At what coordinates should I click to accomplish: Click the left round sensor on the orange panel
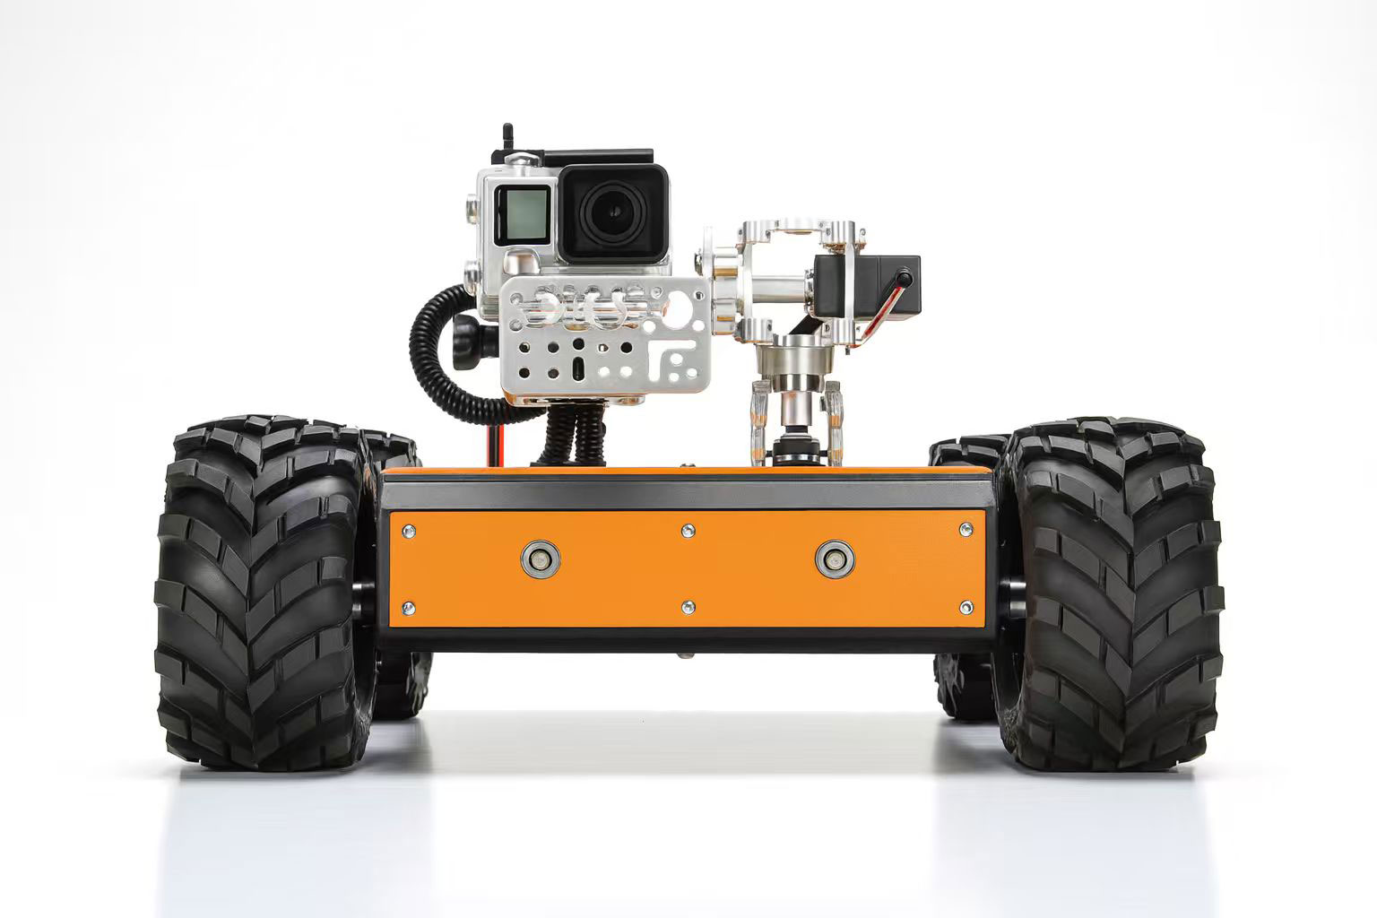point(540,559)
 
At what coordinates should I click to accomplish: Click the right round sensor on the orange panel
point(835,559)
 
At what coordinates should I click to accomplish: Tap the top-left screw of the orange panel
point(409,531)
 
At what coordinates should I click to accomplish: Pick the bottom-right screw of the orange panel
point(966,608)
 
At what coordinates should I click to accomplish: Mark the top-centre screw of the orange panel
point(688,531)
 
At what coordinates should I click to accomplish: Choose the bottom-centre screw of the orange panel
point(688,608)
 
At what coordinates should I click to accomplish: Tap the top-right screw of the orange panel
point(966,531)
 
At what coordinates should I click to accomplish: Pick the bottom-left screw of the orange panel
point(409,608)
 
